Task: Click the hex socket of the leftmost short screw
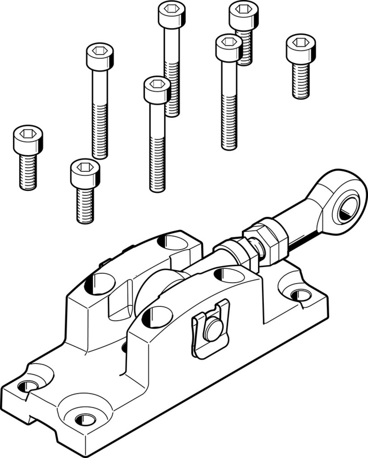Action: [x=28, y=133]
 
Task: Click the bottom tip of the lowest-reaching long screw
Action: [x=157, y=189]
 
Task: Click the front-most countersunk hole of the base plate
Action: [x=84, y=418]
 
